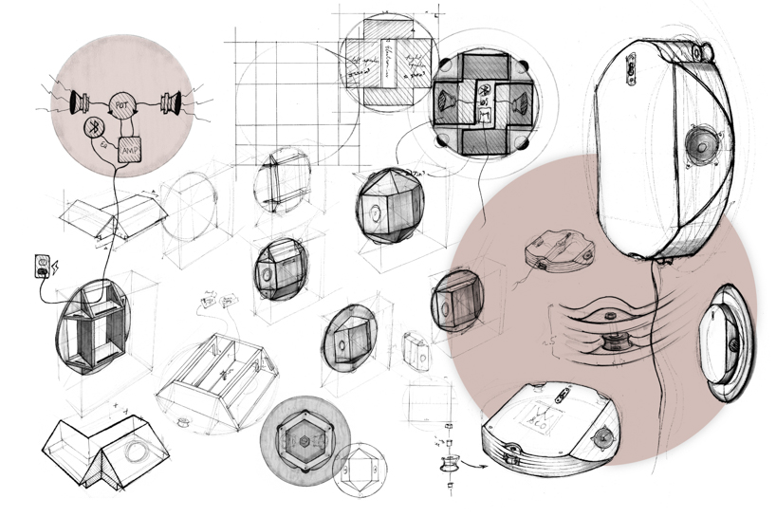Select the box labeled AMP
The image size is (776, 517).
tap(130, 147)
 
